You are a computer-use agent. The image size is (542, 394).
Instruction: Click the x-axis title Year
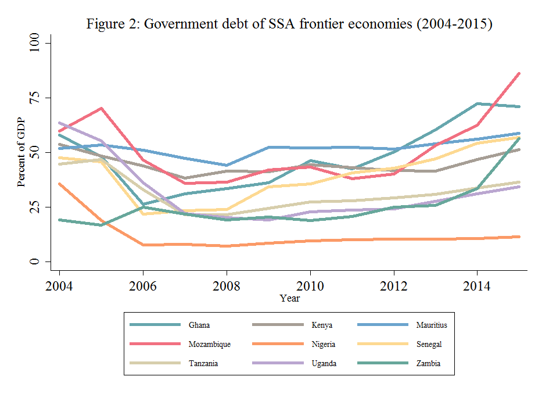pos(289,298)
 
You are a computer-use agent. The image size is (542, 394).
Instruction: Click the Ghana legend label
pos(199,325)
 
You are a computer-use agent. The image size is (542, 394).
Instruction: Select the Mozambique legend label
pos(210,344)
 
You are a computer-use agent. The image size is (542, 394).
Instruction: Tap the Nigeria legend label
pos(323,344)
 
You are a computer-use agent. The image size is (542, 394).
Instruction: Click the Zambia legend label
pos(428,364)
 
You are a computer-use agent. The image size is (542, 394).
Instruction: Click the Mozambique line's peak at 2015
pos(519,73)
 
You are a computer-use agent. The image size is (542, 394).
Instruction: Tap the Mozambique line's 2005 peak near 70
pos(101,108)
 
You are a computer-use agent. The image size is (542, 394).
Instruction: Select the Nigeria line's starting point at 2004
pos(59,184)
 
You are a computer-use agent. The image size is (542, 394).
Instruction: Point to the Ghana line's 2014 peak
pos(477,103)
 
